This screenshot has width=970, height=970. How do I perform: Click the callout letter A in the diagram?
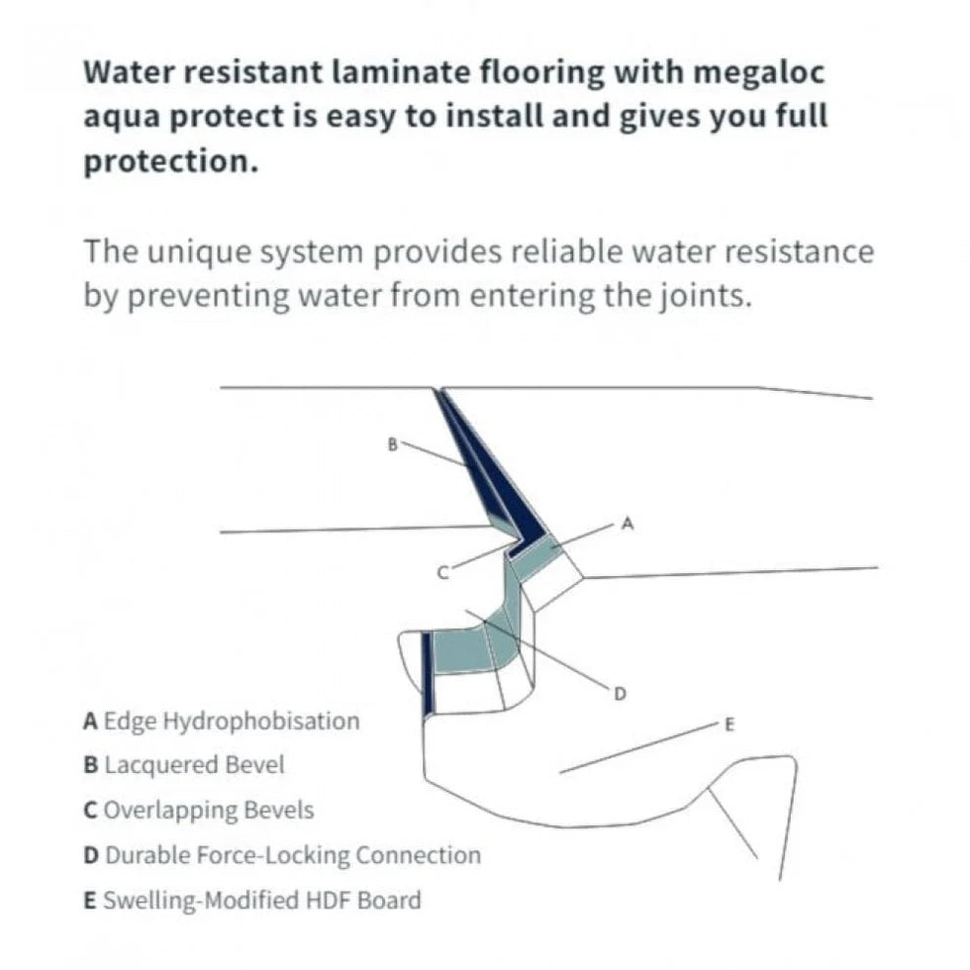click(x=628, y=525)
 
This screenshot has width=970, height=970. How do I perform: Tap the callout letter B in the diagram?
click(x=393, y=444)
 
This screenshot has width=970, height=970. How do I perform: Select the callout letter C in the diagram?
click(x=442, y=572)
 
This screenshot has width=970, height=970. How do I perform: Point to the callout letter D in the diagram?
click(x=619, y=694)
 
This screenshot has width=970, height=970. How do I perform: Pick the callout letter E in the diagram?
click(x=728, y=725)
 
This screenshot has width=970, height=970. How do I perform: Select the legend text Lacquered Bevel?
click(x=194, y=765)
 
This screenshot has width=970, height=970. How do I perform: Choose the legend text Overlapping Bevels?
click(x=209, y=810)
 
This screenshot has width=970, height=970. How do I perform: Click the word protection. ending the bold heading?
click(x=170, y=161)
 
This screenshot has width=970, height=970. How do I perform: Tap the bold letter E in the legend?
click(x=90, y=899)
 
